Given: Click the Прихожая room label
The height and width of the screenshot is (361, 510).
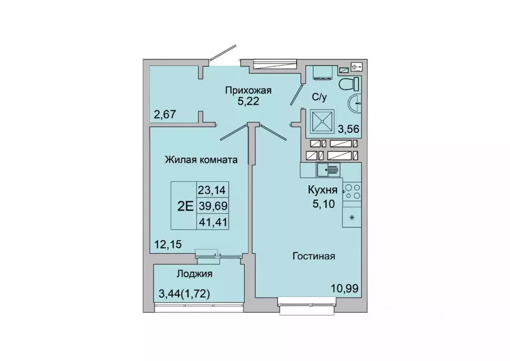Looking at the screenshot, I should click(x=248, y=91).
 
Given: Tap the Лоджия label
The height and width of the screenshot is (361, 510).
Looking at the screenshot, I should click(x=194, y=273).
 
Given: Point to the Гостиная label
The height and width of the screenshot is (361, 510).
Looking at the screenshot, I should click(x=313, y=256).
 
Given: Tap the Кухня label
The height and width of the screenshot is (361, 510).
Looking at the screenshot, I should click(x=323, y=190).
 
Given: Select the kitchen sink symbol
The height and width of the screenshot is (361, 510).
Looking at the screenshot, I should click(x=328, y=170).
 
